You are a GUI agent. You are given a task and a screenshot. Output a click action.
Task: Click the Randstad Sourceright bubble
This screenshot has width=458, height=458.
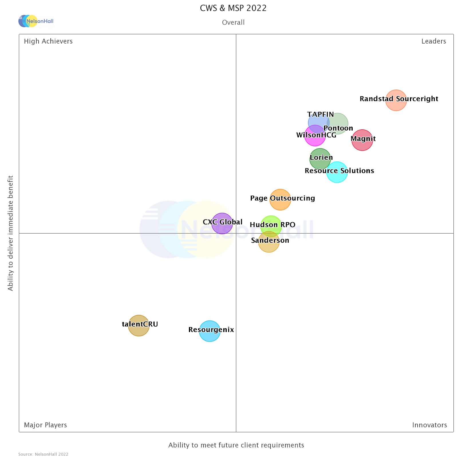tap(396, 100)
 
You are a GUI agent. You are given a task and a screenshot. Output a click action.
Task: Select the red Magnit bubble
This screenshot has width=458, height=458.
tap(362, 140)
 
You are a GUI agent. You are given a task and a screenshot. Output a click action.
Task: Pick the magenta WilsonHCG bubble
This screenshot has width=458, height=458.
tap(315, 136)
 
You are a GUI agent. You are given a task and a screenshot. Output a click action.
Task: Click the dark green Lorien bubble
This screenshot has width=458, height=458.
tap(320, 159)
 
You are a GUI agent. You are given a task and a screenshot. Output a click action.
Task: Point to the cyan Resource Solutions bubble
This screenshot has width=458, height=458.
tap(337, 172)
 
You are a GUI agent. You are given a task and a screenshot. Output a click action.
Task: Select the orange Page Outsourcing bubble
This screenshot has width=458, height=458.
tap(280, 200)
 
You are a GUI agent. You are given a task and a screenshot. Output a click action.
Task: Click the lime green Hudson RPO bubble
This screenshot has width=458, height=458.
tap(271, 226)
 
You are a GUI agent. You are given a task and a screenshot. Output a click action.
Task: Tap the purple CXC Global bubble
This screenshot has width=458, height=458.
tap(222, 223)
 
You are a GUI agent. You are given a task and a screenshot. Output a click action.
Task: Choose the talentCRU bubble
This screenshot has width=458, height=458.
tap(139, 325)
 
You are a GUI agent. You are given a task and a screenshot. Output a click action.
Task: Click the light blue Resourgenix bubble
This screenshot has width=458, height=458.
tap(210, 331)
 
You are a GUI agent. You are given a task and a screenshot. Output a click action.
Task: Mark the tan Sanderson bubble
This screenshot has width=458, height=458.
tap(269, 242)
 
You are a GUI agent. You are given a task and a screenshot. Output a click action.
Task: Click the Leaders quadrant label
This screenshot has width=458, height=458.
tap(433, 41)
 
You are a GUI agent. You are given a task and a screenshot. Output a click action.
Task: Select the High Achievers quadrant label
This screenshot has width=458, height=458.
tap(48, 41)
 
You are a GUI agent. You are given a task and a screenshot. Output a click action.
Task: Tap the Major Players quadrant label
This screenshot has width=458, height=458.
tap(45, 425)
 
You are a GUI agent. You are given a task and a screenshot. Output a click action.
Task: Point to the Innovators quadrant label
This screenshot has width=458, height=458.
tap(429, 425)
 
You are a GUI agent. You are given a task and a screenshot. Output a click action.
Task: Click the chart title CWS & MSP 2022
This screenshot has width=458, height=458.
tap(233, 8)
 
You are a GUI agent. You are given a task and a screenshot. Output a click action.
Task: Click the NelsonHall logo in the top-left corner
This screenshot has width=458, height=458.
tap(35, 21)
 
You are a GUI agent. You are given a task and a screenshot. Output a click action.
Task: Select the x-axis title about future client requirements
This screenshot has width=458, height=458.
tap(236, 445)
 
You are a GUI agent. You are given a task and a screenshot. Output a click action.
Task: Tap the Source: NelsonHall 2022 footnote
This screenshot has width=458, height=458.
tap(43, 454)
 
